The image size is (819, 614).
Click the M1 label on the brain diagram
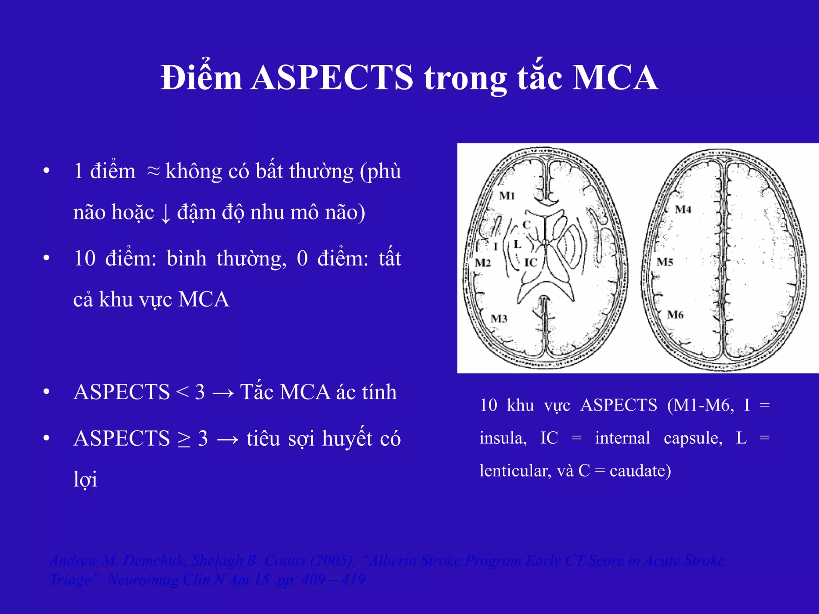click(507, 196)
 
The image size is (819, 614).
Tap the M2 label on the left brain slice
click(483, 263)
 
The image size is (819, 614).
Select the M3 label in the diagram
click(499, 319)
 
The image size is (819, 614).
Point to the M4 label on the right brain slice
click(683, 209)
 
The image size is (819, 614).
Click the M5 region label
click(665, 262)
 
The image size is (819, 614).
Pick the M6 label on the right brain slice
click(675, 315)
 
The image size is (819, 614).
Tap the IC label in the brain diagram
click(531, 263)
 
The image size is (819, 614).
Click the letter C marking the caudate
click(526, 225)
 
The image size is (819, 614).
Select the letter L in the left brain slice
click(517, 244)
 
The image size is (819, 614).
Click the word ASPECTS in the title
click(333, 78)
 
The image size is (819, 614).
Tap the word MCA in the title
click(615, 78)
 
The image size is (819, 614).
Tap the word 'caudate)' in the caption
click(640, 471)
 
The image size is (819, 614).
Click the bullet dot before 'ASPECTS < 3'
click(46, 392)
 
